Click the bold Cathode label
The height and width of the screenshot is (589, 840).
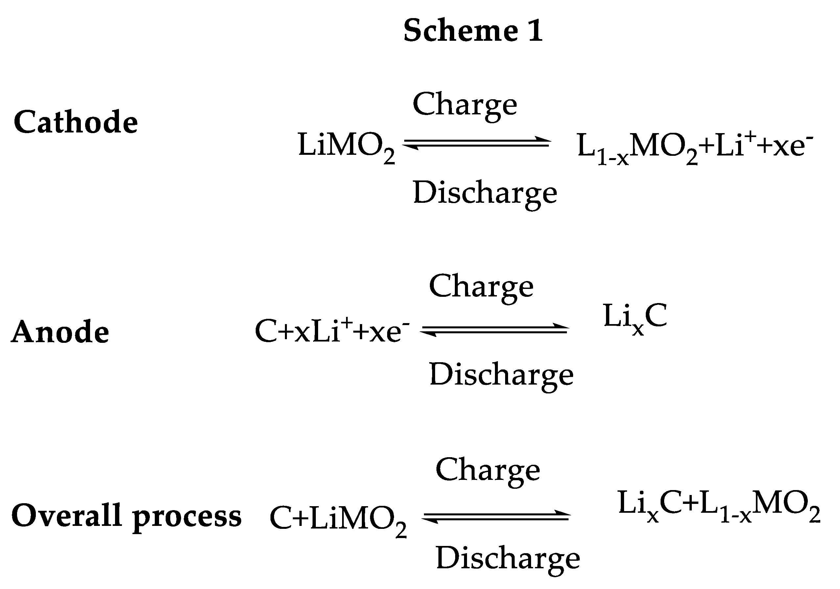pos(76,122)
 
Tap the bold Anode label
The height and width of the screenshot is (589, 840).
pos(60,332)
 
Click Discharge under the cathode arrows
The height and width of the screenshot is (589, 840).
pos(485,193)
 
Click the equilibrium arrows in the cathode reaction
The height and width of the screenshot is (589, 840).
pos(476,143)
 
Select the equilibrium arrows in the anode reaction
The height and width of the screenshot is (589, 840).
pos(494,330)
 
